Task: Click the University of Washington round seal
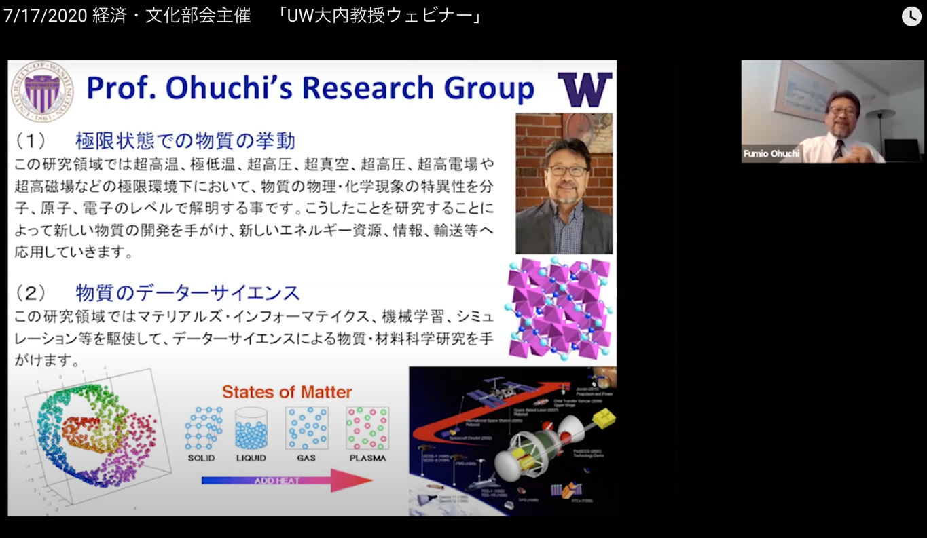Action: (41, 91)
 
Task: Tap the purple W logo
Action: (585, 90)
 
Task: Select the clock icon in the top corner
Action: (911, 16)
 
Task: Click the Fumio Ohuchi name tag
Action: (771, 153)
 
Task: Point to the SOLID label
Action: (201, 458)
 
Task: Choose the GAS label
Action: (306, 458)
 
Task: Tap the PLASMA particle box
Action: (367, 429)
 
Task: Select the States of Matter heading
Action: (287, 392)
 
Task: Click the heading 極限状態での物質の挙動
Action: (185, 141)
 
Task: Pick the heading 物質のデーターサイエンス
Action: (187, 293)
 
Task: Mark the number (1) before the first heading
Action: (31, 141)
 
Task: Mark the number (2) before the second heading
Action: (31, 293)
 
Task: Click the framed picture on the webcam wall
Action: (804, 90)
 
